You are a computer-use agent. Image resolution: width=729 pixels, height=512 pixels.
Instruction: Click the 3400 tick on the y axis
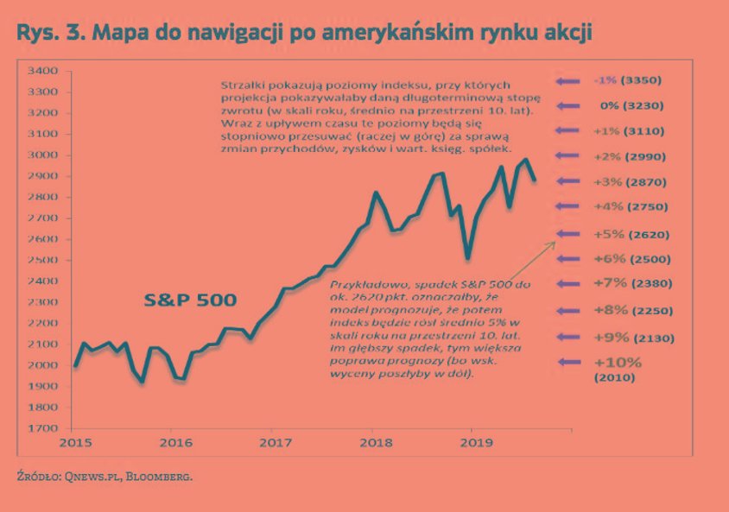[42, 70]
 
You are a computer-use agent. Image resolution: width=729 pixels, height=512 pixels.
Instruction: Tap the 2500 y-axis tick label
[42, 260]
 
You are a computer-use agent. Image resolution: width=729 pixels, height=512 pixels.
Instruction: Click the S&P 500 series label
[187, 300]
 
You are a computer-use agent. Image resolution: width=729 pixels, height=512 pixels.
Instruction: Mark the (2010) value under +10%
[614, 377]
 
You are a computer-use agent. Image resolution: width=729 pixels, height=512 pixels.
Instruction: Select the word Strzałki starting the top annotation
[241, 85]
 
